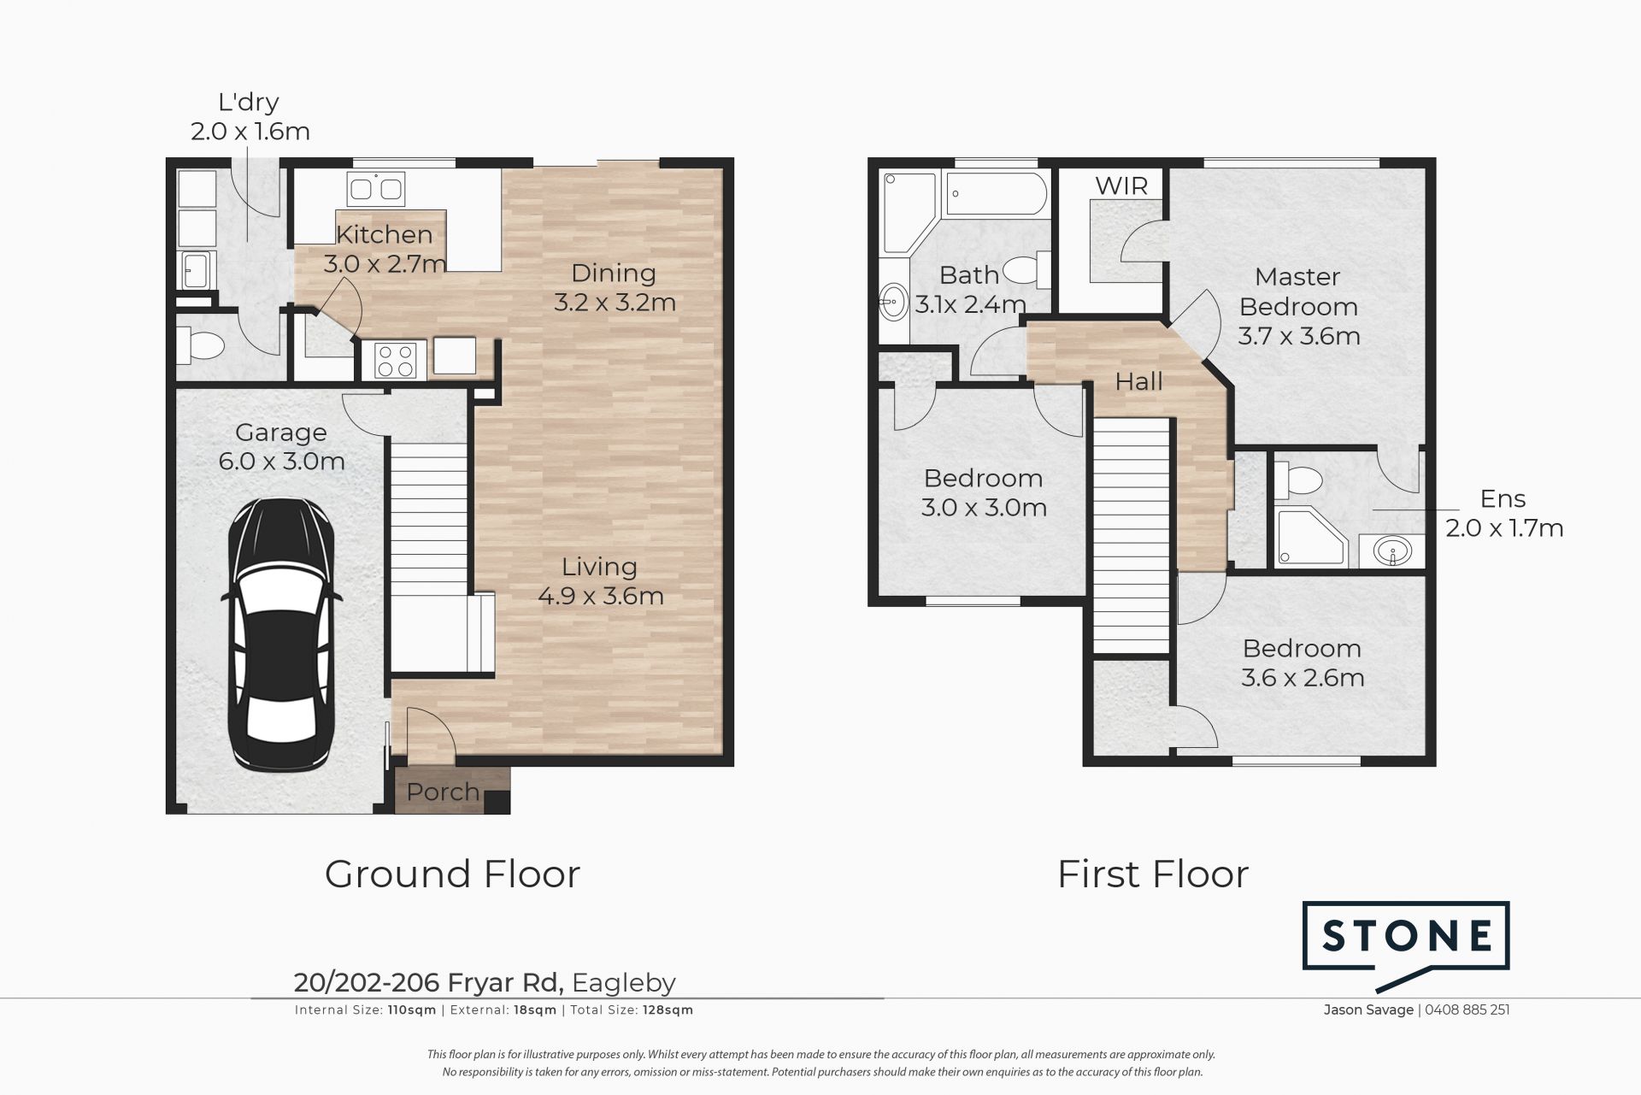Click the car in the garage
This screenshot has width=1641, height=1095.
281,633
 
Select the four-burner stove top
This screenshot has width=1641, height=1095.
395,359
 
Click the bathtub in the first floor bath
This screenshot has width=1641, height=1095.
994,193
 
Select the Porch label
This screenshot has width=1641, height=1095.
443,792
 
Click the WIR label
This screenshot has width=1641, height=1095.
1121,186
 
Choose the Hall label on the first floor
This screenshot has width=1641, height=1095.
1139,381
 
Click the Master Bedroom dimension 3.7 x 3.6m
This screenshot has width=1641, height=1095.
1299,336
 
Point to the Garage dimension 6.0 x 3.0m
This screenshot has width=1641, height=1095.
282,462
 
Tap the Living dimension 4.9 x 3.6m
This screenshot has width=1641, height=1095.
601,596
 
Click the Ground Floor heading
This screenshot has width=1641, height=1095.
452,874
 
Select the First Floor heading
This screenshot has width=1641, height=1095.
1153,874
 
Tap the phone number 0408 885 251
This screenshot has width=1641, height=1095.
1467,1010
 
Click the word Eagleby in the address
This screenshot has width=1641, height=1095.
624,983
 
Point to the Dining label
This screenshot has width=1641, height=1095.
614,274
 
